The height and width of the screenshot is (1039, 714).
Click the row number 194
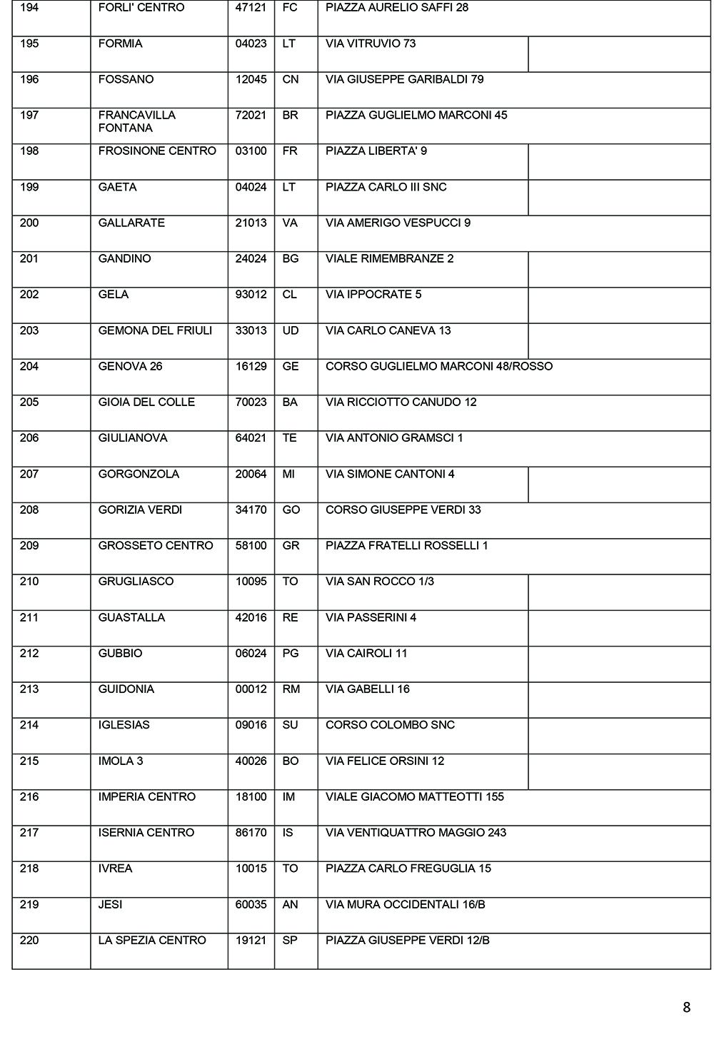click(29, 8)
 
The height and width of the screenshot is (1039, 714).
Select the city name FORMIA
click(120, 44)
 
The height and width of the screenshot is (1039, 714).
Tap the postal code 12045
click(251, 79)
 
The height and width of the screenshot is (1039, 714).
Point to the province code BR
click(290, 115)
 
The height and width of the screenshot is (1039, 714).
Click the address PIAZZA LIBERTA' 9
click(376, 151)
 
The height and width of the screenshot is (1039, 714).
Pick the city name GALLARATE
click(131, 223)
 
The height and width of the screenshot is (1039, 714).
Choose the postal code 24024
click(251, 258)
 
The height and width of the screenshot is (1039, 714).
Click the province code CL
click(289, 294)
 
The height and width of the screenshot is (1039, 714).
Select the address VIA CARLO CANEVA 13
click(388, 330)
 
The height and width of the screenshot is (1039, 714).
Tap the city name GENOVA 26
click(130, 366)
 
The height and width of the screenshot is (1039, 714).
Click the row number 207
click(29, 474)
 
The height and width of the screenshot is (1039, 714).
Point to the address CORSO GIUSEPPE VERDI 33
click(403, 510)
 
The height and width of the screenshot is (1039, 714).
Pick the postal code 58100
click(251, 545)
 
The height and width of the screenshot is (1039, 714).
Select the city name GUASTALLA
click(131, 617)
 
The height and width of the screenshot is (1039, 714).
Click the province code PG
click(290, 653)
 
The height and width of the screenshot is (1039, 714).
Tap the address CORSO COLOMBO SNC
click(390, 725)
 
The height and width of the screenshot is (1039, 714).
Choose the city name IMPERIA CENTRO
click(146, 796)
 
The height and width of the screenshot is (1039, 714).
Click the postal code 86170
click(251, 832)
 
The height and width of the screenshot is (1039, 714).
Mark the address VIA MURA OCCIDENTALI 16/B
click(405, 904)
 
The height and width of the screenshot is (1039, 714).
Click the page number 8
click(686, 1008)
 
